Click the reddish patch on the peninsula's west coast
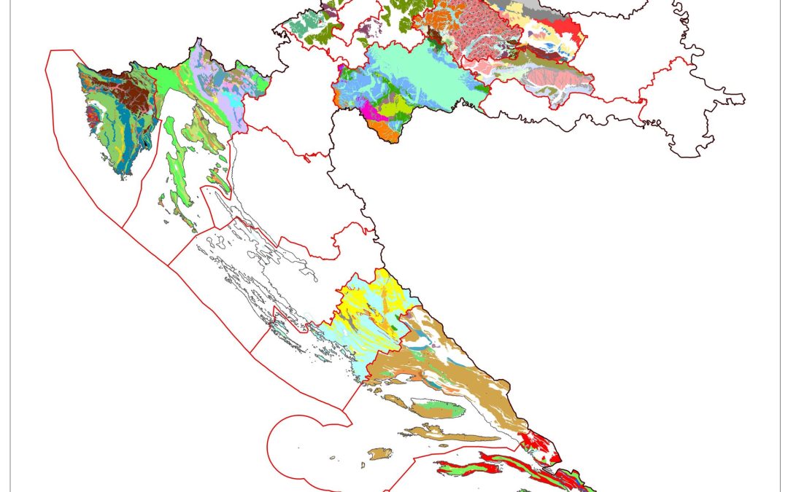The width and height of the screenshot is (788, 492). pos(93,115)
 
